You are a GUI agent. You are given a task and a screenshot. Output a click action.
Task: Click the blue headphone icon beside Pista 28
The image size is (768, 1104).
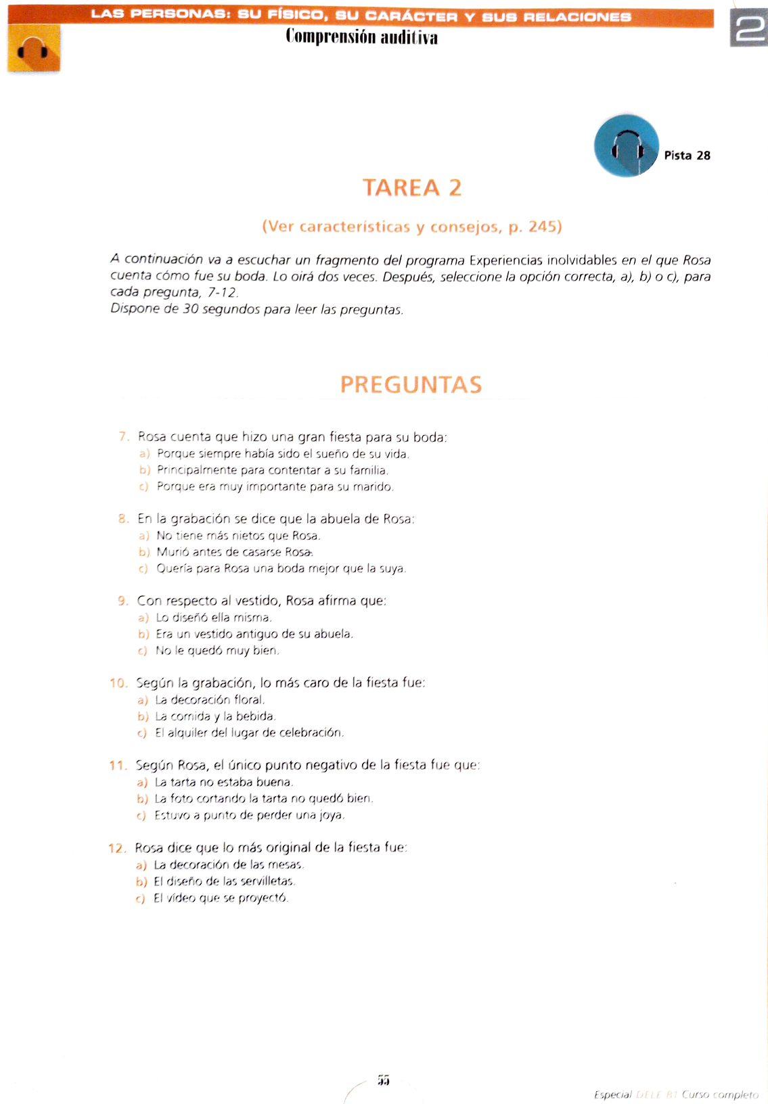pos(626,146)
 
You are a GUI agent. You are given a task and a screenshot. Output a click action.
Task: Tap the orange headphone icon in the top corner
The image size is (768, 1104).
pos(34,49)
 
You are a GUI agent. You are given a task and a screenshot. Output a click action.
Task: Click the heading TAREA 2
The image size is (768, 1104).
pos(411,187)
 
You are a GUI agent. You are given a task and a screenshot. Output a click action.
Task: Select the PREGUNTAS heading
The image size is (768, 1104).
pos(411,384)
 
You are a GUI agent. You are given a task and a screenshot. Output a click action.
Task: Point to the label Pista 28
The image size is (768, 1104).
pos(687,156)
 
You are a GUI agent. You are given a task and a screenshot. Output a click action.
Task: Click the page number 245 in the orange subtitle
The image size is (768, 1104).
pos(541,227)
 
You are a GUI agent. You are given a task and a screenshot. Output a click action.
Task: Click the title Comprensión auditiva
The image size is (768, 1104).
pos(361,37)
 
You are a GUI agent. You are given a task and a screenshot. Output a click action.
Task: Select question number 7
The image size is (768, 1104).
pos(123,437)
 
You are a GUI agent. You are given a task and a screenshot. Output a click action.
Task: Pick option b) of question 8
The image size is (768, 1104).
pos(143,552)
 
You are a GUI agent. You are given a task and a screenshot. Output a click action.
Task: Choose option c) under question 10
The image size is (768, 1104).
pos(142,733)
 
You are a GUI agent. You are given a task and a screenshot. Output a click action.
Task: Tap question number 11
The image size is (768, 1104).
pos(118,766)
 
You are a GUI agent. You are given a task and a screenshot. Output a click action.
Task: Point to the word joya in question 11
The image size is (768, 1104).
pos(333,815)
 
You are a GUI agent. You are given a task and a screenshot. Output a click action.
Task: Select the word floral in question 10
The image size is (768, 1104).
pos(248,699)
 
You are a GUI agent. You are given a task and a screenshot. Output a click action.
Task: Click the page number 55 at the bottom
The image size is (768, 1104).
pos(384,1080)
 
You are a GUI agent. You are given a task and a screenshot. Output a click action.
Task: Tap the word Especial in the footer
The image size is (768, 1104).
pos(612,1095)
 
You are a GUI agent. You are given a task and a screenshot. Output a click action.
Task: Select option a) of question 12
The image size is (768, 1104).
pos(141,865)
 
